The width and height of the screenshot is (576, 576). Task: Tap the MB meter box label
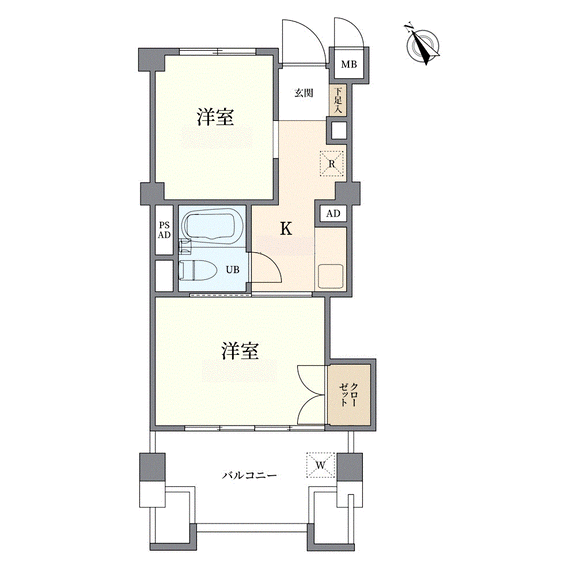[349, 65]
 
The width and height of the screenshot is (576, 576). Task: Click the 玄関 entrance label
[304, 93]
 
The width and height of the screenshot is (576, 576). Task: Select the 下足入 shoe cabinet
[338, 100]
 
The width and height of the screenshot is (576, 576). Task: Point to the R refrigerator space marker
[332, 164]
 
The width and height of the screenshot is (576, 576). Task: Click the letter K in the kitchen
[286, 229]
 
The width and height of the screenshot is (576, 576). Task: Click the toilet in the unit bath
[197, 271]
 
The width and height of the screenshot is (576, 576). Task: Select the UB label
[233, 270]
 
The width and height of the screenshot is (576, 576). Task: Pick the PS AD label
[164, 231]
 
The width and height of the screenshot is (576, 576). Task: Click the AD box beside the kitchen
[333, 213]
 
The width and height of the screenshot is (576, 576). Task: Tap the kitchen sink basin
[331, 277]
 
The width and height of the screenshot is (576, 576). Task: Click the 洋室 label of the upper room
[215, 118]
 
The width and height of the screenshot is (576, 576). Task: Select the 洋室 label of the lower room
[240, 351]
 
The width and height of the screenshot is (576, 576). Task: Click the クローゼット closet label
[348, 395]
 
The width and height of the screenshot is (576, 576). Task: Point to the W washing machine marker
[321, 465]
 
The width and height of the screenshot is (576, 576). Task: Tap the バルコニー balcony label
[249, 476]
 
